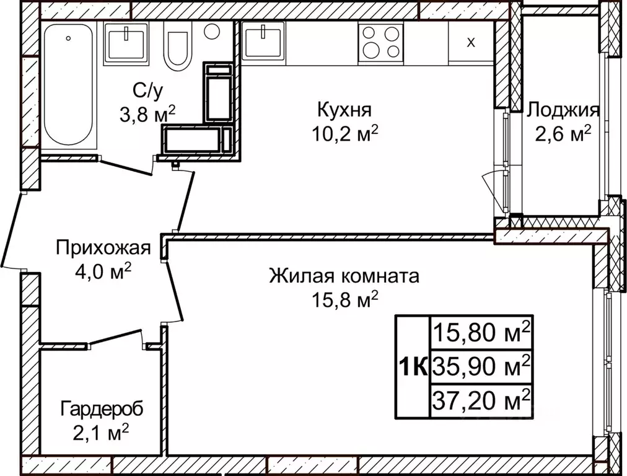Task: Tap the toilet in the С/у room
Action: [x=178, y=46]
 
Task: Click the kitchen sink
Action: [x=265, y=41]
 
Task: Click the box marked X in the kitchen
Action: [x=471, y=42]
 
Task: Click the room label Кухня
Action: [x=344, y=110]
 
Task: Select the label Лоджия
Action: [x=563, y=110]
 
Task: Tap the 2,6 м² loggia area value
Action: [x=563, y=133]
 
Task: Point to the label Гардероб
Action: [x=102, y=408]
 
